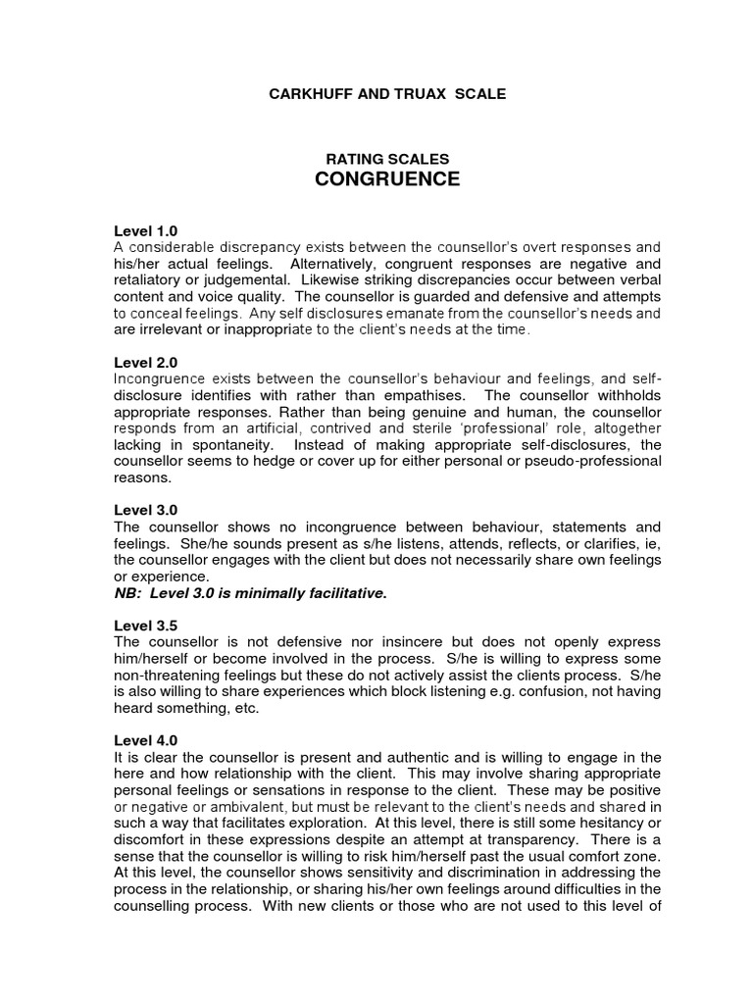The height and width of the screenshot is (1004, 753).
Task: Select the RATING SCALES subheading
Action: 385,159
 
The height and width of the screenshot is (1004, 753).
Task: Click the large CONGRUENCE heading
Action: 385,179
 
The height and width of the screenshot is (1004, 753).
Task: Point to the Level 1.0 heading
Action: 146,231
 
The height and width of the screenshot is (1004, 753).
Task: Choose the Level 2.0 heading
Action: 146,362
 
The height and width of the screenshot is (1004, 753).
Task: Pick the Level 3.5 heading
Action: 146,626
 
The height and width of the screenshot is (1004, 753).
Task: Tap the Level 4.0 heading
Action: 146,740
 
